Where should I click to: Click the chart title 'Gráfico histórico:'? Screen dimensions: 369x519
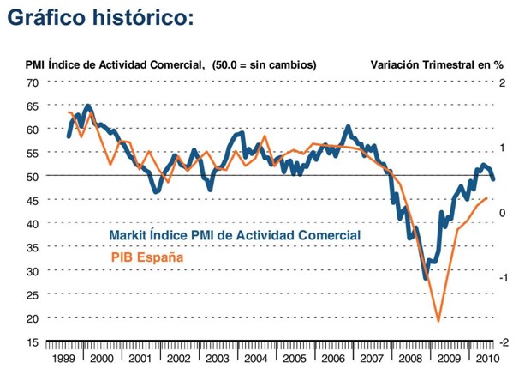click(104, 19)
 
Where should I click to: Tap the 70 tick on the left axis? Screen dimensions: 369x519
click(33, 82)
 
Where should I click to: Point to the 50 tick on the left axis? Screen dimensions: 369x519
click(33, 176)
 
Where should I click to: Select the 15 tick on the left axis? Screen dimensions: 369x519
click(33, 342)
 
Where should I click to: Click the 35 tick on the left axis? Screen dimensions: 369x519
click(33, 247)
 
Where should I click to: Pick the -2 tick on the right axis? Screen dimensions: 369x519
click(504, 342)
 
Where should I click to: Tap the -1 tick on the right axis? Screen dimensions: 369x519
click(504, 276)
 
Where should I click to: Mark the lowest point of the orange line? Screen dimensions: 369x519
click(438, 322)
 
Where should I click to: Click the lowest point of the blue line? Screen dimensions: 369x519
click(426, 279)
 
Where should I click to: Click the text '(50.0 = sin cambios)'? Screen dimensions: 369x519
click(264, 64)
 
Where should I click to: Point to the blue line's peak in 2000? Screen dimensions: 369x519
click(88, 106)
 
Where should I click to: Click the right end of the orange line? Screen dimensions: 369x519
click(486, 198)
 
